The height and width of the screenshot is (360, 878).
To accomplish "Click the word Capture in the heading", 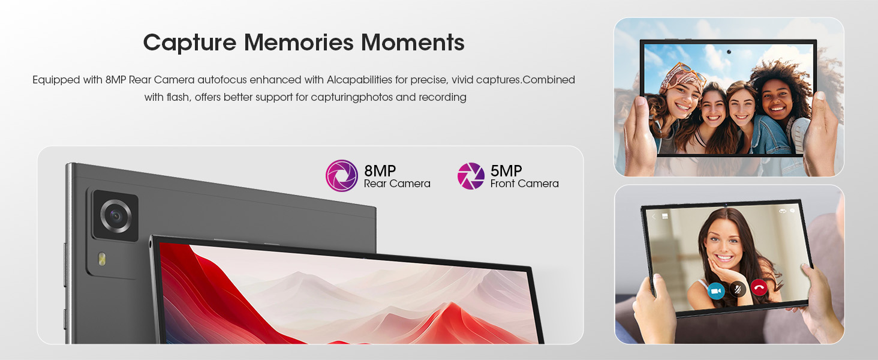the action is pos(190,43).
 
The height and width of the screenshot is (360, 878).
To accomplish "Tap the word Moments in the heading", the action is pos(413,42).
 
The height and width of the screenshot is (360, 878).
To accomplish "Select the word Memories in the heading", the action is pos(299,42).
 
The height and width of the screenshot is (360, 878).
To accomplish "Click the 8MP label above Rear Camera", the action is pos(380,171).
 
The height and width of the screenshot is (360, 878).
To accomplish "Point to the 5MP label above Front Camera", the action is pos(506,171).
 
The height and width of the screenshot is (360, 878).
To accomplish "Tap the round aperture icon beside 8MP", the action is pos(342,176).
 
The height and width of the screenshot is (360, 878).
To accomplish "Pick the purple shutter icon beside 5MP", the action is pos(471,176).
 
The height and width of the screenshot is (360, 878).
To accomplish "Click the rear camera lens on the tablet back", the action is pos(116,215).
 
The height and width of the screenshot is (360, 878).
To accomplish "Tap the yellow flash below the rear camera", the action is pos(102,259).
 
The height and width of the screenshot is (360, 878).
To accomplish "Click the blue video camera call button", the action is pos(715,291).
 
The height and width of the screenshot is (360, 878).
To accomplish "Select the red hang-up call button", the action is pos(759,288).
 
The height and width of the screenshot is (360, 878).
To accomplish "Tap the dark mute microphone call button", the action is pos(738,289).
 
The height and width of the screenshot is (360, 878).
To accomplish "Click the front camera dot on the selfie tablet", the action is pos(729,52).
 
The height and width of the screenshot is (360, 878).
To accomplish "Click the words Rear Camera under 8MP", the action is pos(397,184).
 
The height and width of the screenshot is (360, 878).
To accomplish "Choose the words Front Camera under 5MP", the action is pos(524,184).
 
